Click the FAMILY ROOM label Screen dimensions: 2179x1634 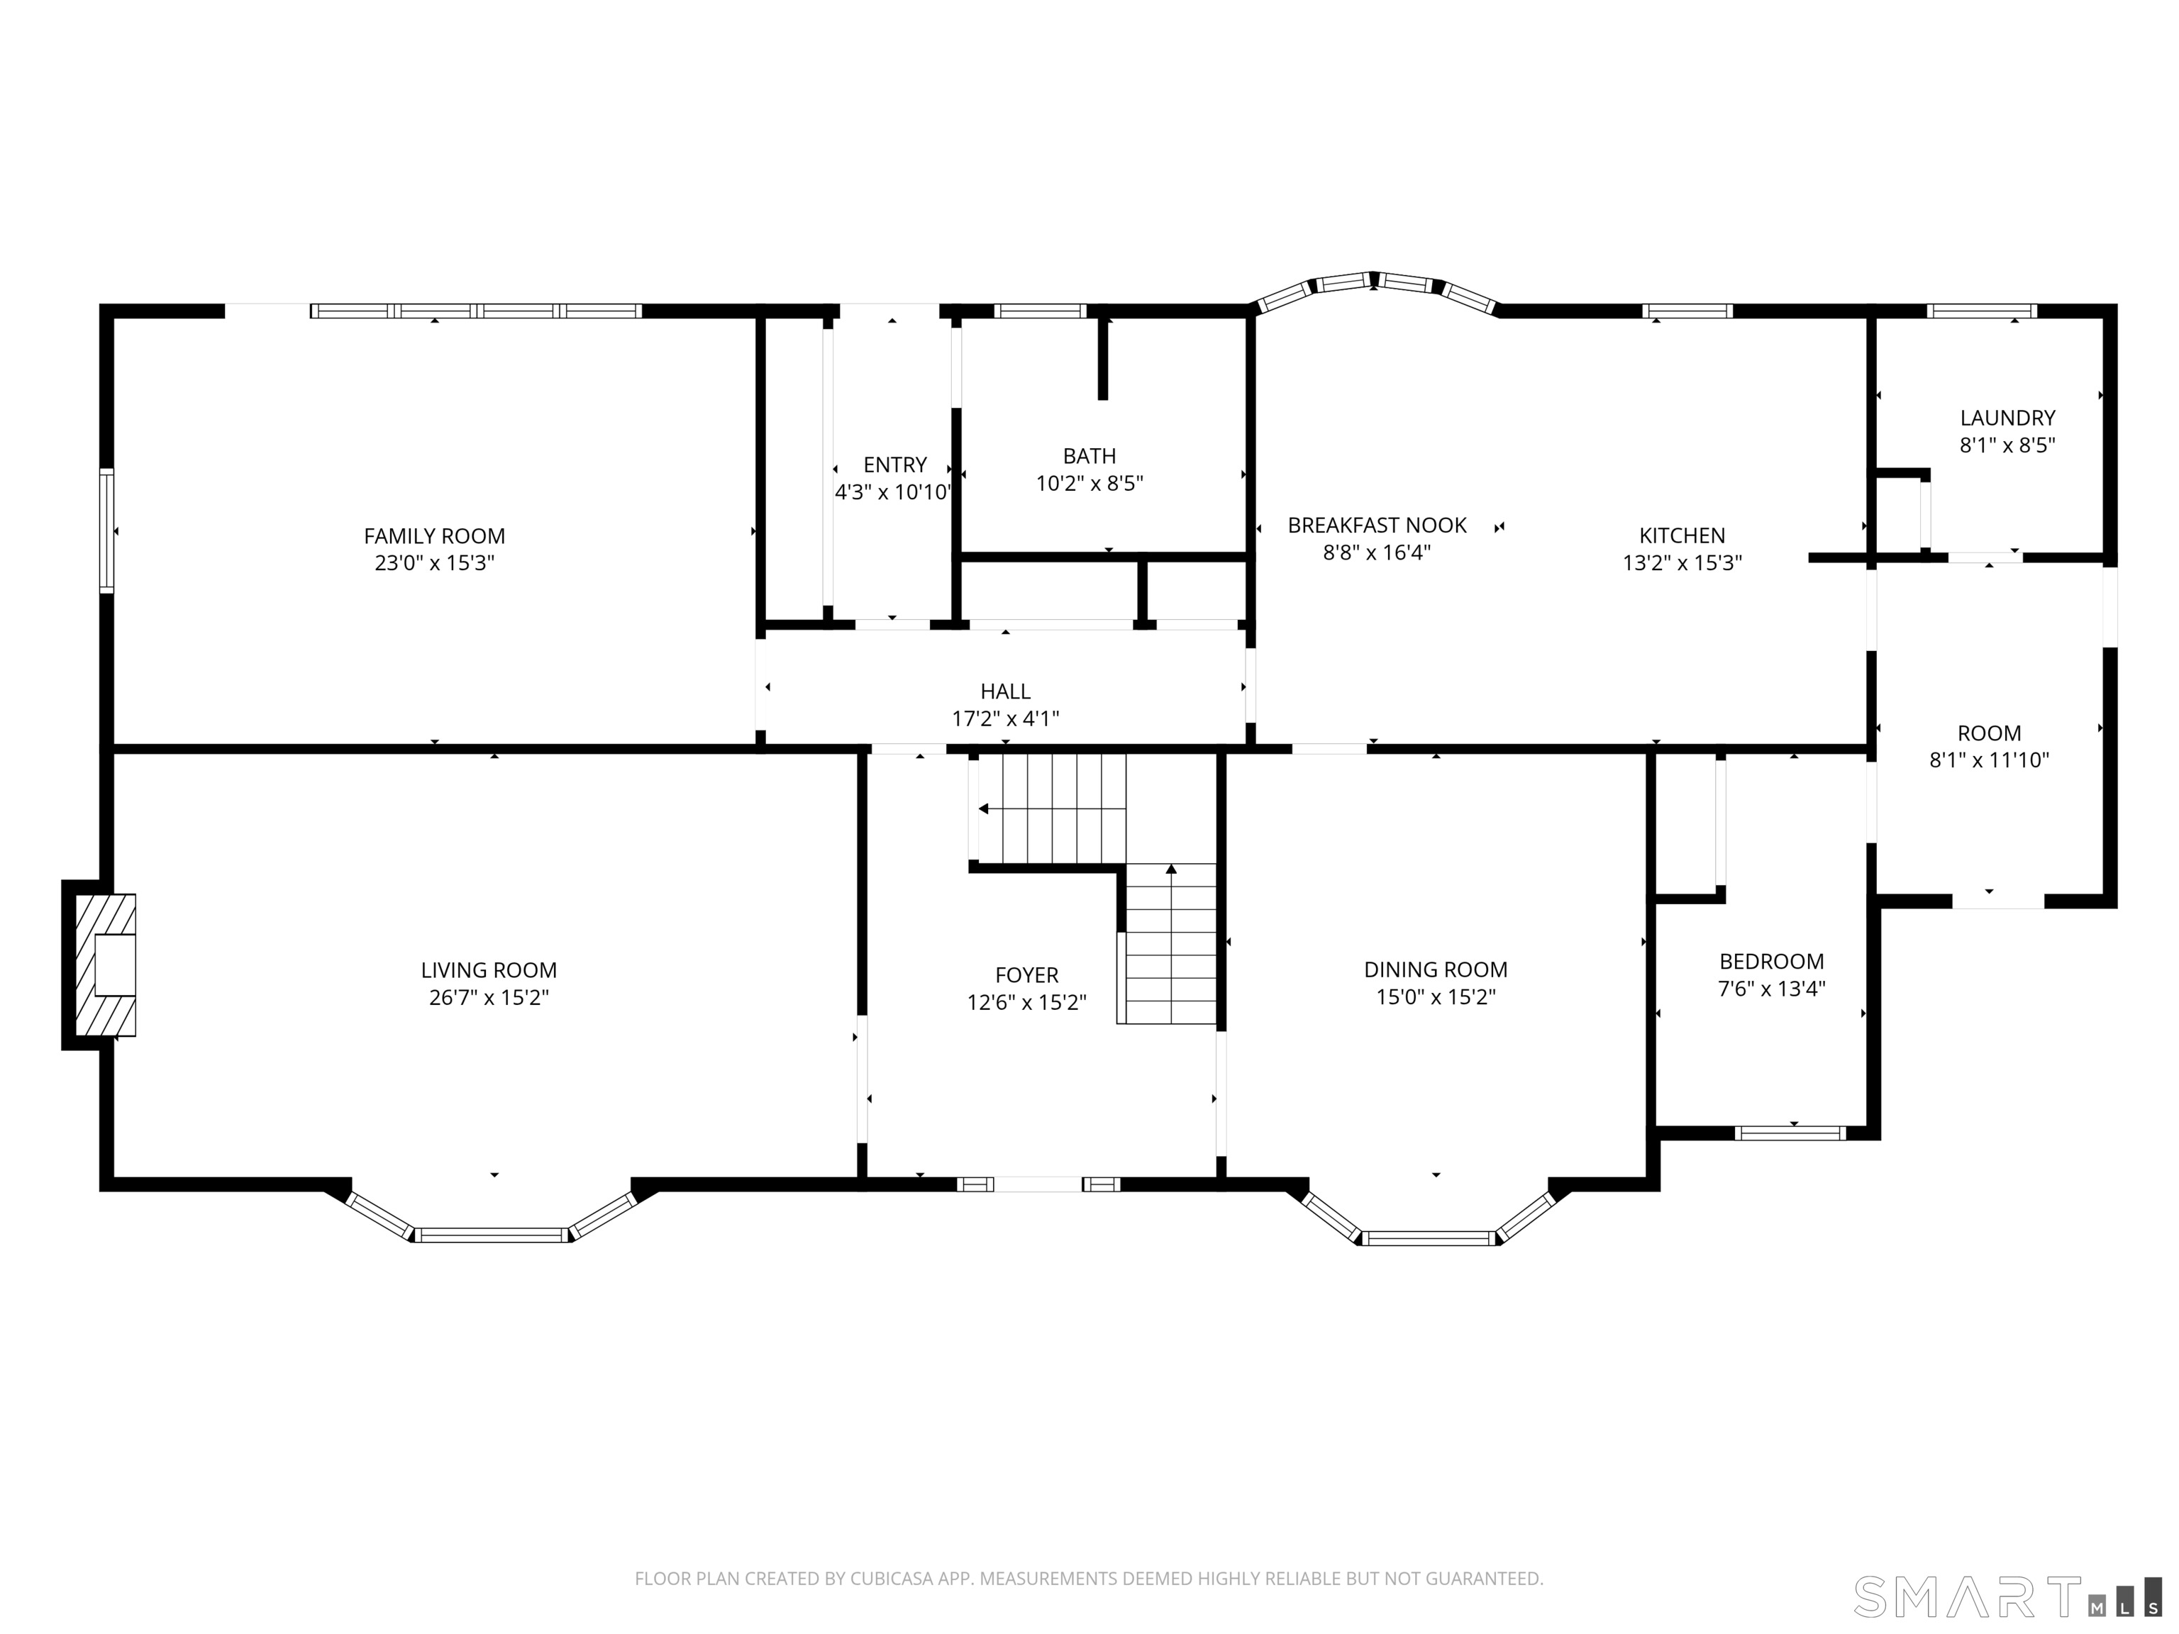434,536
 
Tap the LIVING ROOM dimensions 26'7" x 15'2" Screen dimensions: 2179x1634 489,996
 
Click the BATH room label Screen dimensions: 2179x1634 1089,456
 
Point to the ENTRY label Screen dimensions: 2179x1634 894,465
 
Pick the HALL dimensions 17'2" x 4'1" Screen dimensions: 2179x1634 1005,718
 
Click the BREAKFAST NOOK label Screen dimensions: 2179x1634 1377,525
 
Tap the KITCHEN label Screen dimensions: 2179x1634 1682,536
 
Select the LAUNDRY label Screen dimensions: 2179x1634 2007,418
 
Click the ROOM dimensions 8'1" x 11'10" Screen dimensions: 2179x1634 1989,760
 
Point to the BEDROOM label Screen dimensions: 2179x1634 1771,961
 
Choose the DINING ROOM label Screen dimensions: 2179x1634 1435,969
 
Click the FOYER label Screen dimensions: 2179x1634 1026,975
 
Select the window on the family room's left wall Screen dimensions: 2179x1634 106,531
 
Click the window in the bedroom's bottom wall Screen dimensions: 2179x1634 1790,1133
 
